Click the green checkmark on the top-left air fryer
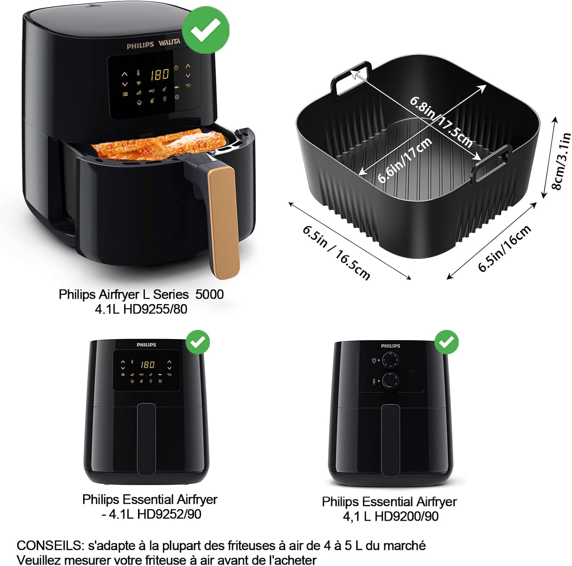[206, 30]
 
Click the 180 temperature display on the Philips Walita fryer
[159, 74]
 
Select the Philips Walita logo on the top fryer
[153, 44]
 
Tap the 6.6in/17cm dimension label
[405, 160]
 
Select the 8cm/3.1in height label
[561, 161]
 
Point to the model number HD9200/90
[407, 516]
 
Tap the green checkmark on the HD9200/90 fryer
[446, 342]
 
